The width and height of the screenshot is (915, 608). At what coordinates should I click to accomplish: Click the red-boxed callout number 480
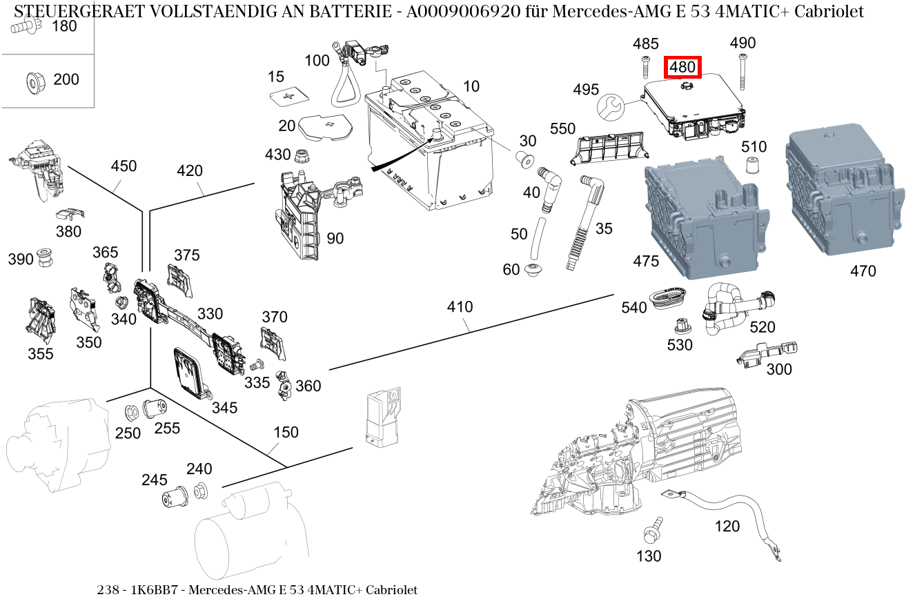(x=682, y=68)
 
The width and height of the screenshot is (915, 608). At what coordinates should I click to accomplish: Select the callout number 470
(x=863, y=271)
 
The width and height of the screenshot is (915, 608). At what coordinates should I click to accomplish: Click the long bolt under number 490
(x=743, y=72)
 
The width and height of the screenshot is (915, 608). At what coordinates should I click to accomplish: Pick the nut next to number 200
(x=32, y=81)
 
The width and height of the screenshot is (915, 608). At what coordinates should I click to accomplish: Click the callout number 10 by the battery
(x=471, y=86)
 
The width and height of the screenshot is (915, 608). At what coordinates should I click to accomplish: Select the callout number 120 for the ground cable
(x=727, y=527)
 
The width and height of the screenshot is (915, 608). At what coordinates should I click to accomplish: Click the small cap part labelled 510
(x=753, y=166)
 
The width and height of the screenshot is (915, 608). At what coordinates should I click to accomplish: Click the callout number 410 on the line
(x=460, y=306)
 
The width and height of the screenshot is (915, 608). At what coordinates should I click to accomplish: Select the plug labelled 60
(x=534, y=270)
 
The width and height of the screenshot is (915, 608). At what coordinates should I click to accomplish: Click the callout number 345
(x=224, y=407)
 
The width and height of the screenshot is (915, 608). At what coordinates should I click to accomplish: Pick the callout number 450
(x=124, y=166)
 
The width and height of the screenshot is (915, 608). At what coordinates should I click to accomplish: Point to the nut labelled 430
(x=302, y=155)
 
